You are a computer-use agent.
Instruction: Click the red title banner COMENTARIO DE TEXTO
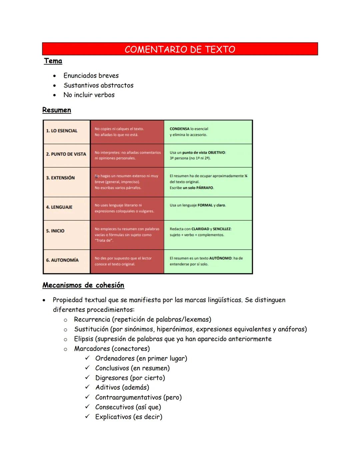click(x=180, y=49)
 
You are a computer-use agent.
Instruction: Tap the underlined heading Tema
click(x=53, y=61)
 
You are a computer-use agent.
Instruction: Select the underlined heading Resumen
click(x=57, y=110)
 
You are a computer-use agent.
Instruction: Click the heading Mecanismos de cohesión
click(x=83, y=285)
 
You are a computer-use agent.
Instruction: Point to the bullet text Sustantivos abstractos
click(x=98, y=85)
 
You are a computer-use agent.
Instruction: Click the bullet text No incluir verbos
click(x=89, y=95)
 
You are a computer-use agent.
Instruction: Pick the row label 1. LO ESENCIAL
click(x=62, y=131)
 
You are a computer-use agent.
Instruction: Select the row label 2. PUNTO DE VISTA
click(x=66, y=154)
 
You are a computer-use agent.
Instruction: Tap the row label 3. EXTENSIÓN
click(x=60, y=178)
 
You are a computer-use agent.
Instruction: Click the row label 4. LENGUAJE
click(x=59, y=207)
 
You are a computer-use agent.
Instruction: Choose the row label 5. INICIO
click(x=55, y=231)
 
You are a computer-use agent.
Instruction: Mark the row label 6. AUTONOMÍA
click(x=62, y=260)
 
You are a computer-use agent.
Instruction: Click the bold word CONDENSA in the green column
click(x=179, y=129)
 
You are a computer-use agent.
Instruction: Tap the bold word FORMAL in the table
click(x=205, y=205)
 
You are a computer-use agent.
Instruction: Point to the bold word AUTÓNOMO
click(x=220, y=258)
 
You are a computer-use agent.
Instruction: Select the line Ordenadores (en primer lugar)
click(x=141, y=359)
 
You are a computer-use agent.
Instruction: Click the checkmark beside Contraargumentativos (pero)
click(x=87, y=397)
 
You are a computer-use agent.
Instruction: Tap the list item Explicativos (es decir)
click(x=129, y=417)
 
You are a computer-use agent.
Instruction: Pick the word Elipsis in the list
click(x=83, y=339)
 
